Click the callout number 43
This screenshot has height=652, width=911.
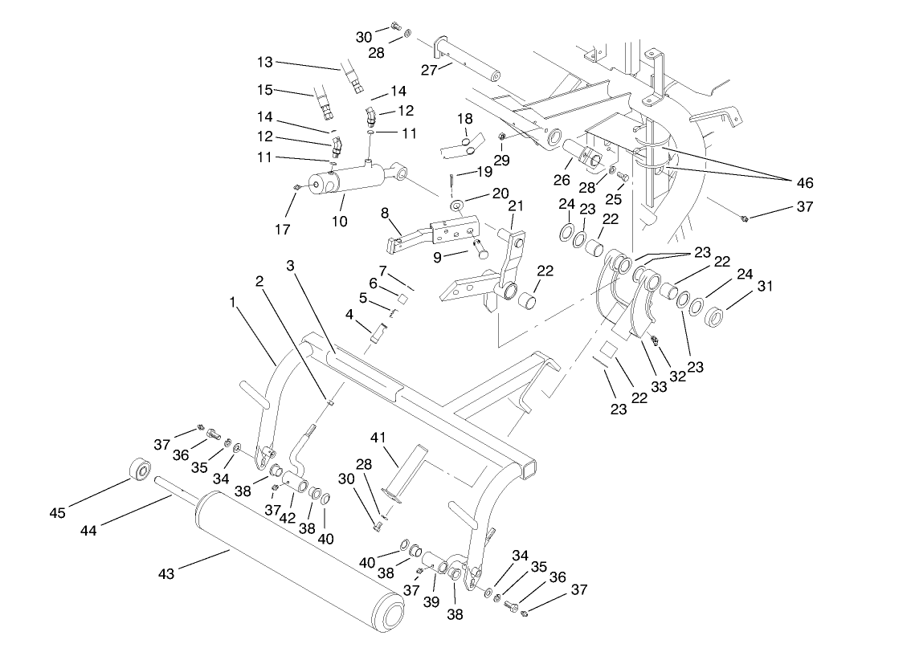[166, 573]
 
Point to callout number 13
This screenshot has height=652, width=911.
[265, 62]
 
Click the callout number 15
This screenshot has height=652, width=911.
[265, 90]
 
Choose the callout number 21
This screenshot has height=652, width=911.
[515, 206]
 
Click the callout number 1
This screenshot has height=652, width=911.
[232, 303]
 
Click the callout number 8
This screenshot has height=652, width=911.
[385, 214]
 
